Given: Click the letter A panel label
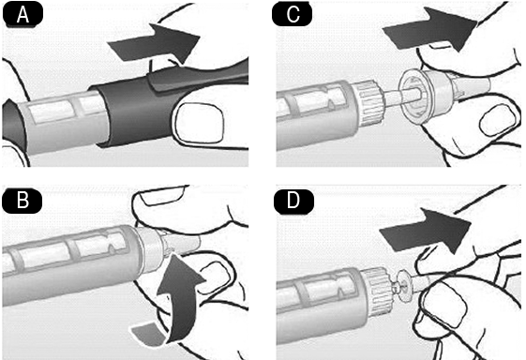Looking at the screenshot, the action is tap(23, 15).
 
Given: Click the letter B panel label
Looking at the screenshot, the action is tap(23, 201).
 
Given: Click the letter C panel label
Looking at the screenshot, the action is tap(293, 14).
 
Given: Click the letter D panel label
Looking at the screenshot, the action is tap(293, 202).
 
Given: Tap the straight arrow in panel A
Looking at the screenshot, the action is tap(155, 44).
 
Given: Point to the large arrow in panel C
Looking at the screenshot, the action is tap(430, 30).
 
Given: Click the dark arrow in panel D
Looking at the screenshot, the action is tap(426, 232).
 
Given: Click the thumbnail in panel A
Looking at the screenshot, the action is tap(200, 123).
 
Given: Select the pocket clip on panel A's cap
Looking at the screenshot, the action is tap(198, 77).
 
